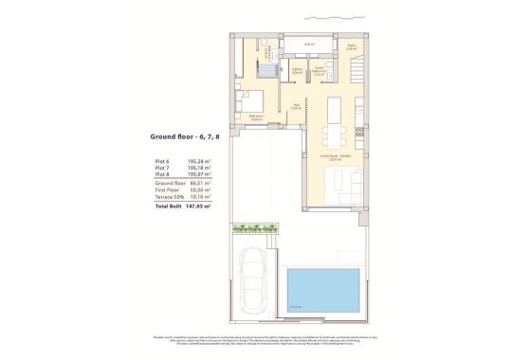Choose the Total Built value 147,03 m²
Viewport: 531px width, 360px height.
199,204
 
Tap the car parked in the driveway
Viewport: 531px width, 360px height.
257,282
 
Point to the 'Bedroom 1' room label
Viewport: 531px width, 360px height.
256,116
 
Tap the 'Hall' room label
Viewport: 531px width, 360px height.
296,106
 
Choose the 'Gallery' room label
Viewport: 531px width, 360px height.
297,69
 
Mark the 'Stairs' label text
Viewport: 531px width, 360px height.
351,45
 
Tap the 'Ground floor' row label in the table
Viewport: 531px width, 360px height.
169,182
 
